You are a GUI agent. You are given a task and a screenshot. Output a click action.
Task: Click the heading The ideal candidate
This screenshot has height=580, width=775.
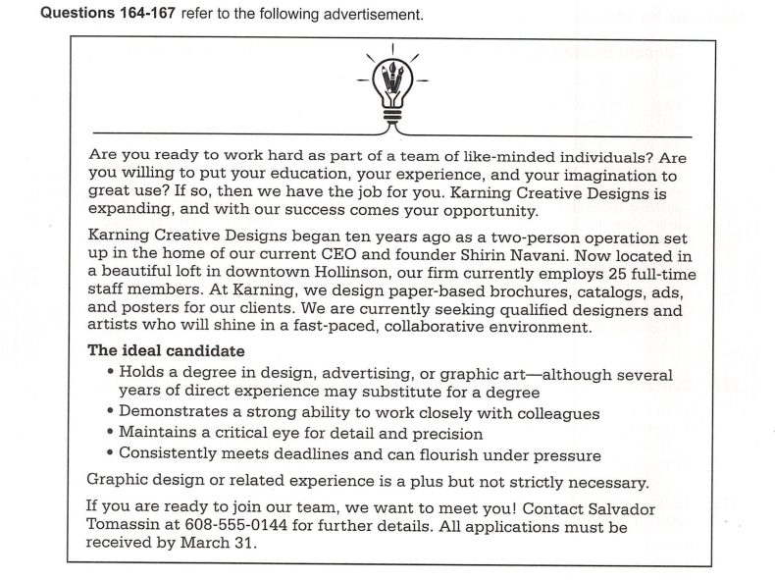tap(167, 350)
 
